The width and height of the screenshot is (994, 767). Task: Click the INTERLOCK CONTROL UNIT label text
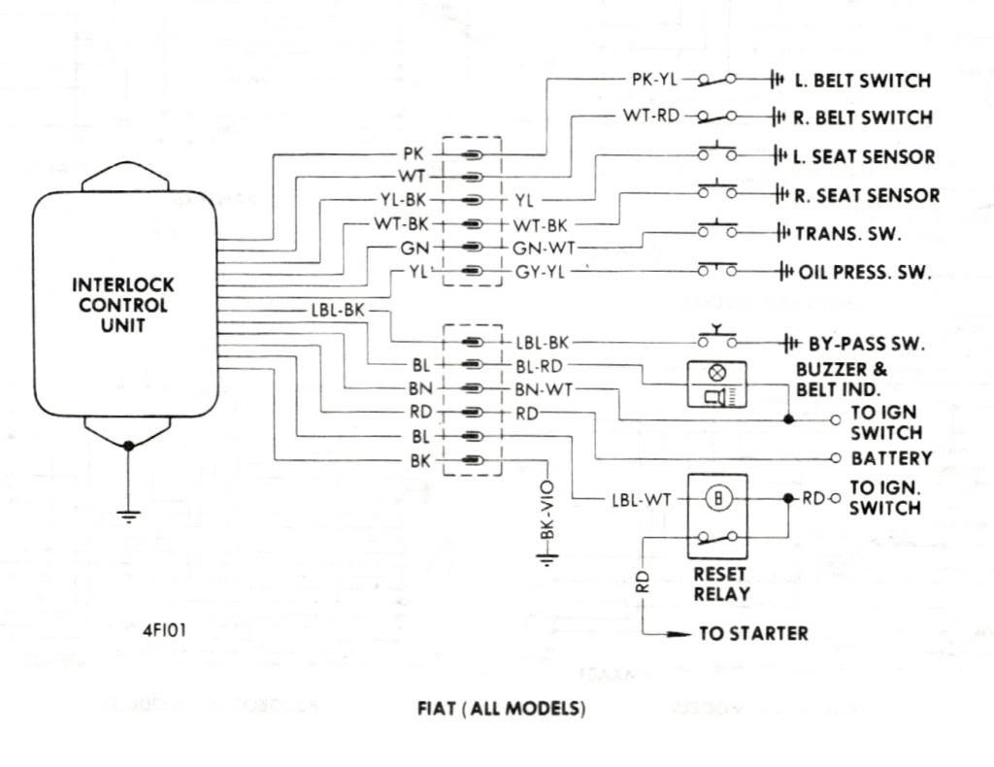click(122, 305)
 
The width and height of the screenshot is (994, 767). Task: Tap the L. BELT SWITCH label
click(863, 81)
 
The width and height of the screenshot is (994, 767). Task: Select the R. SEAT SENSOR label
click(867, 195)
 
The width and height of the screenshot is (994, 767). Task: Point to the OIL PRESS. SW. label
click(864, 273)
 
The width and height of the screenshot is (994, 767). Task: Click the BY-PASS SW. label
click(866, 344)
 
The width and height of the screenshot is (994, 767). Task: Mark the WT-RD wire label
click(645, 117)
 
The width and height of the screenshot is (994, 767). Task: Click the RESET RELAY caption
click(721, 584)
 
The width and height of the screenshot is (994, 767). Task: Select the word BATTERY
click(891, 457)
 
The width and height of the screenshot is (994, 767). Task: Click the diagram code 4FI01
click(165, 629)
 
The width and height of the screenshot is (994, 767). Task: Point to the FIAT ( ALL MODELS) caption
click(501, 709)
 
